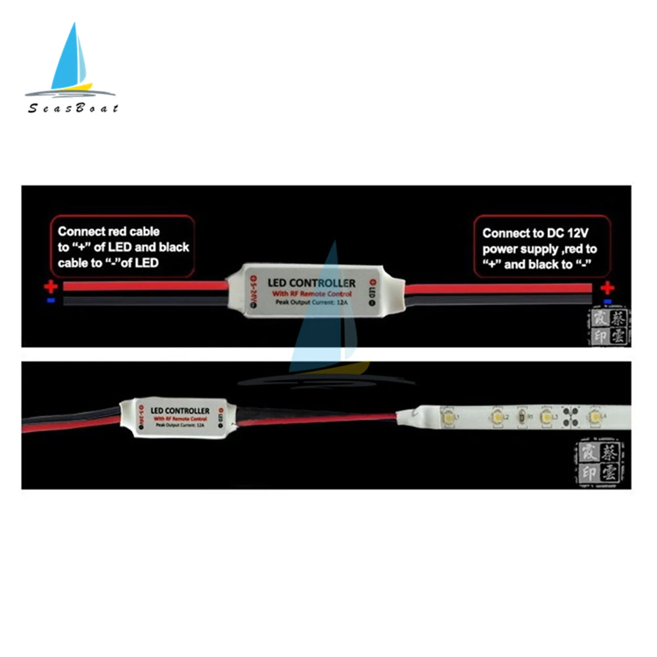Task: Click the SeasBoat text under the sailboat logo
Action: click(x=73, y=108)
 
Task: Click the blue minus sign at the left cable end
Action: click(x=51, y=300)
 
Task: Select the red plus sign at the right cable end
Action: click(x=608, y=287)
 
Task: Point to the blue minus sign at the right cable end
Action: click(x=608, y=302)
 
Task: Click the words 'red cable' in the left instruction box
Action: click(x=135, y=231)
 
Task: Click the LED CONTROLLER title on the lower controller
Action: click(x=180, y=411)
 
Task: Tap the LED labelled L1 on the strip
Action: click(x=446, y=416)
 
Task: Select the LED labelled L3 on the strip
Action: click(x=545, y=417)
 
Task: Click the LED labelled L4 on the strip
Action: click(x=595, y=417)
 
